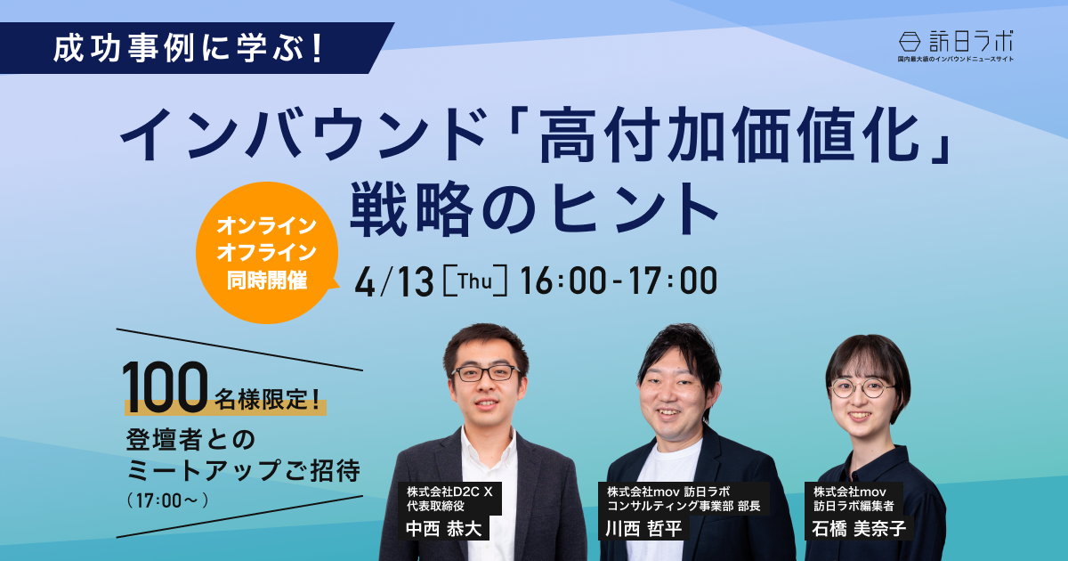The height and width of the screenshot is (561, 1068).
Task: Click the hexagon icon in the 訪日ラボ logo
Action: (x=910, y=42)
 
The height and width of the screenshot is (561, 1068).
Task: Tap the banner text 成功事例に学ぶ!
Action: (x=189, y=48)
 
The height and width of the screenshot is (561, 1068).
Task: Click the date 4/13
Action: (x=394, y=281)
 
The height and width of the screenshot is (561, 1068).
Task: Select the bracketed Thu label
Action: (x=475, y=281)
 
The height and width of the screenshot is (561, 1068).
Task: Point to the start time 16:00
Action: (x=563, y=281)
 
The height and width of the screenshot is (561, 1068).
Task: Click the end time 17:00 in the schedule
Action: (x=673, y=281)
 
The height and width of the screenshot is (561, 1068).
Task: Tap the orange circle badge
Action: (x=267, y=253)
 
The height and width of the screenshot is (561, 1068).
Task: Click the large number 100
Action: (x=166, y=386)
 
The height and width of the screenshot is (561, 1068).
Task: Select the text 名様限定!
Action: (x=267, y=399)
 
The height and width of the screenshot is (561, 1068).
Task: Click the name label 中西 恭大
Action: (x=443, y=529)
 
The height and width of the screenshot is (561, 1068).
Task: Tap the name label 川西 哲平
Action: (x=643, y=529)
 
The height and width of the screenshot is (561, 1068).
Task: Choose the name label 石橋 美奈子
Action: (x=859, y=529)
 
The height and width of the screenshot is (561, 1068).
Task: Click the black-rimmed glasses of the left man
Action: (x=485, y=373)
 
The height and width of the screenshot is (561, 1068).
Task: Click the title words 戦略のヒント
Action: (x=534, y=210)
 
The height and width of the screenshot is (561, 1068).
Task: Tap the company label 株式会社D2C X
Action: (x=449, y=492)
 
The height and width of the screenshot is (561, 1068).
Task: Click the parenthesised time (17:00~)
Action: (x=168, y=500)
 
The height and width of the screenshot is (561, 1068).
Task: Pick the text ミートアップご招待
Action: (x=243, y=470)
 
